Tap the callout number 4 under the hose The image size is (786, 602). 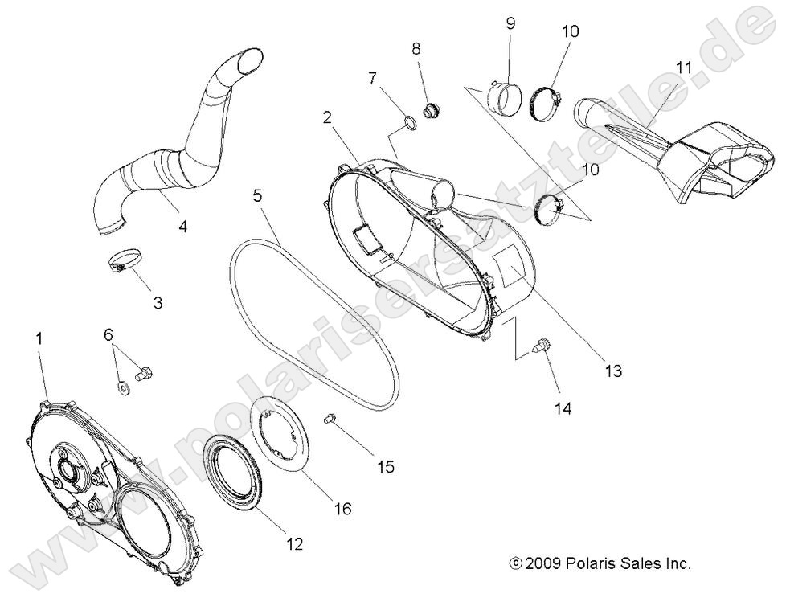182,227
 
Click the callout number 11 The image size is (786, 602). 682,68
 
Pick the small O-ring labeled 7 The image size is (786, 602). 409,124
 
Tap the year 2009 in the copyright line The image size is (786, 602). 543,564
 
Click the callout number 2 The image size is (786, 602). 327,117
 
